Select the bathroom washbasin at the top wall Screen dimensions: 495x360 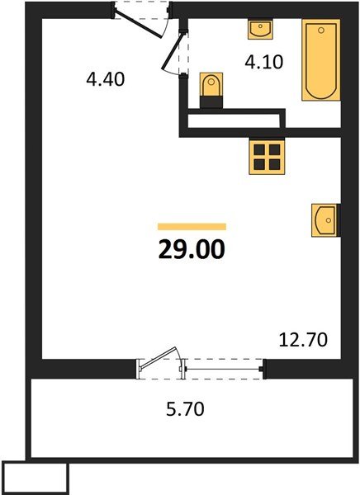[260, 30]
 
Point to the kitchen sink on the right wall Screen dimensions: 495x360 [326, 220]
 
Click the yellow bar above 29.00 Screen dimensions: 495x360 [192, 225]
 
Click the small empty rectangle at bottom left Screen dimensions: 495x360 [35, 477]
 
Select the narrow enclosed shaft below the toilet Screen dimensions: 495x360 [234, 121]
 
